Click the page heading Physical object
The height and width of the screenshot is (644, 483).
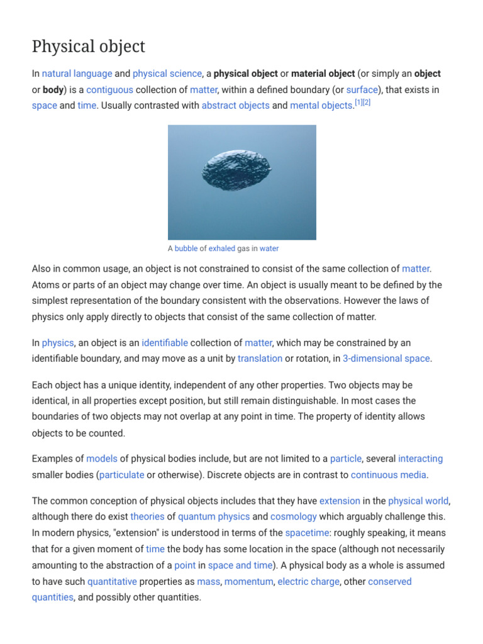pyautogui.click(x=89, y=46)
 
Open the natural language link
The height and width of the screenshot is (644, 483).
pyautogui.click(x=77, y=74)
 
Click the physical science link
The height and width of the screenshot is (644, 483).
pyautogui.click(x=167, y=74)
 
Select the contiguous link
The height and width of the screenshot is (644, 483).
pyautogui.click(x=109, y=89)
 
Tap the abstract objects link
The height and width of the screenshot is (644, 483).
pyautogui.click(x=235, y=106)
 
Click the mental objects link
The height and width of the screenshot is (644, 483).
pyautogui.click(x=321, y=106)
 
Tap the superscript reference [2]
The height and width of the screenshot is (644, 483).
pyautogui.click(x=367, y=103)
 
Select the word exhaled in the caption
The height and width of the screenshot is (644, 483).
pyautogui.click(x=222, y=248)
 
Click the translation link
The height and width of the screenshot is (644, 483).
pyautogui.click(x=260, y=358)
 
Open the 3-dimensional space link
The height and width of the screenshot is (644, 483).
pyautogui.click(x=386, y=358)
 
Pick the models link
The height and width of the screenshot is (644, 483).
pyautogui.click(x=102, y=458)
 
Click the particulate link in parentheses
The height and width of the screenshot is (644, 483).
pyautogui.click(x=122, y=475)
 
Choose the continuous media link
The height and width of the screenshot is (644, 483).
pyautogui.click(x=389, y=475)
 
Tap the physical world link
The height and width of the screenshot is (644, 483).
pyautogui.click(x=418, y=501)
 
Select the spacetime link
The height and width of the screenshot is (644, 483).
pyautogui.click(x=308, y=533)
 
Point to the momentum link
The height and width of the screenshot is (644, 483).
pyautogui.click(x=248, y=582)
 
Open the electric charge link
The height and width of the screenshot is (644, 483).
pyautogui.click(x=309, y=582)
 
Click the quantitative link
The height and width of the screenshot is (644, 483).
pyautogui.click(x=112, y=582)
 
